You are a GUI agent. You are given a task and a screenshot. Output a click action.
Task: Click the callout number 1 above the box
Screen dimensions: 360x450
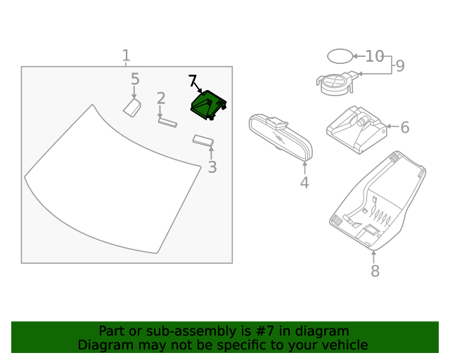126,56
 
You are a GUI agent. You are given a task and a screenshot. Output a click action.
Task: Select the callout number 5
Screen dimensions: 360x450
135,79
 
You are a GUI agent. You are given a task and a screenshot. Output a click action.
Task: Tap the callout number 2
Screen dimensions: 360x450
161,98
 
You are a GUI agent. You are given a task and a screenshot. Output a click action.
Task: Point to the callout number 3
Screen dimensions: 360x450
212,167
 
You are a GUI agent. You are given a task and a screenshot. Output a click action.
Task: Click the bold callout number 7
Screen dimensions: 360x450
193,81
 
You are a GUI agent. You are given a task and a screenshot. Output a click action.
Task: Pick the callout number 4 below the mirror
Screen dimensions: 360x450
304,183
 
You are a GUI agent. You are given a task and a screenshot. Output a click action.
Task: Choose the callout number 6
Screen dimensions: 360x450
405,127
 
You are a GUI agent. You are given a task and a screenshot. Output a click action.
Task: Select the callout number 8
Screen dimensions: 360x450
375,271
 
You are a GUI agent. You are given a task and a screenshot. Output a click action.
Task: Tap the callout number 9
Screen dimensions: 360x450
400,66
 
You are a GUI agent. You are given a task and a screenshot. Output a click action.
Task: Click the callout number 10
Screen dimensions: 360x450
375,56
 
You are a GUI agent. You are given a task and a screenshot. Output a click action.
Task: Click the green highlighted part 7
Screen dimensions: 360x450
209,106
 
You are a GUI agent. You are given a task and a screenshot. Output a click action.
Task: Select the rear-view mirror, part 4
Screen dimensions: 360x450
281,137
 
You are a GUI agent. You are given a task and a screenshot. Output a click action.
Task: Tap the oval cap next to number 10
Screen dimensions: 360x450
339,56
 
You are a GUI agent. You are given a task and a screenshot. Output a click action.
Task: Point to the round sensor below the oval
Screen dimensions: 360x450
337,83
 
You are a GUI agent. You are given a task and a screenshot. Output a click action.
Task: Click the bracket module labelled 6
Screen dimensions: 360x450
356,129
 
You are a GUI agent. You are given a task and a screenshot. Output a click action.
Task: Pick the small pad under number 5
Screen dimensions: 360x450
132,107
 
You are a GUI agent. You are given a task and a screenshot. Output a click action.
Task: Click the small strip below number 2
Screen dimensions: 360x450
167,122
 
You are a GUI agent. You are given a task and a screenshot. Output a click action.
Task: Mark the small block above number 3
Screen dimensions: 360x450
203,141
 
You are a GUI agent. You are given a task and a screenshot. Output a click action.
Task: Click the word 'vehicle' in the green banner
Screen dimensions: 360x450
342,345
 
